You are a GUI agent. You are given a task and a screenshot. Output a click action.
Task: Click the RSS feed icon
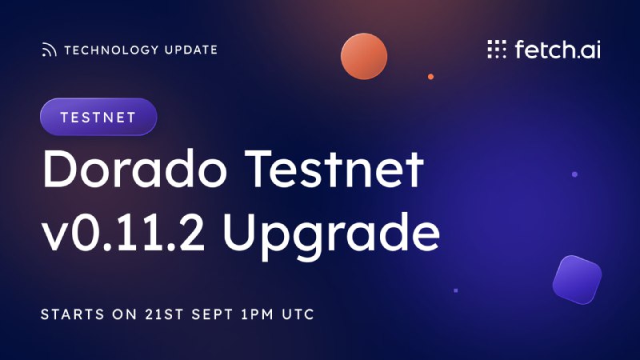tap(49, 50)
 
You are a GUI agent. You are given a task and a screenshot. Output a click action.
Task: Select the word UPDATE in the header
tap(191, 50)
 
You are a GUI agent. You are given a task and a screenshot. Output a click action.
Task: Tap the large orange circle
tap(364, 56)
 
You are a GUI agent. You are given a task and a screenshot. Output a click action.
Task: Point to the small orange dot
tap(430, 77)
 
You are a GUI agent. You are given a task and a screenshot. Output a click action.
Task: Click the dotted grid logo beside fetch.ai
tap(497, 50)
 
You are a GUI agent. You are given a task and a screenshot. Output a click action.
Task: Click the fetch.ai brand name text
tap(558, 50)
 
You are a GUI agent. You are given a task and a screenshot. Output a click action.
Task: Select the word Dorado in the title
tap(134, 169)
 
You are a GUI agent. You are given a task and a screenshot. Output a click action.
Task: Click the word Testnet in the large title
tap(334, 169)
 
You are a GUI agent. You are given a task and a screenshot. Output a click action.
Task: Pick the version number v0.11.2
tap(123, 231)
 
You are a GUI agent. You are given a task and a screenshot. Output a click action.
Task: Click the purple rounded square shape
tap(577, 280)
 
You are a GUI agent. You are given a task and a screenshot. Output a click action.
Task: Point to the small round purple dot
tap(574, 174)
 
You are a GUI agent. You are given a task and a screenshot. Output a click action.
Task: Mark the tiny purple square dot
tap(456, 290)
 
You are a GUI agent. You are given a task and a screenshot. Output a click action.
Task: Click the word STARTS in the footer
tap(73, 314)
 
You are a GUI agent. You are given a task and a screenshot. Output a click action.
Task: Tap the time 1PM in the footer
tap(257, 314)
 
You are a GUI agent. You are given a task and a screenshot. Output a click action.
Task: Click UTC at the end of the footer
tap(298, 314)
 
